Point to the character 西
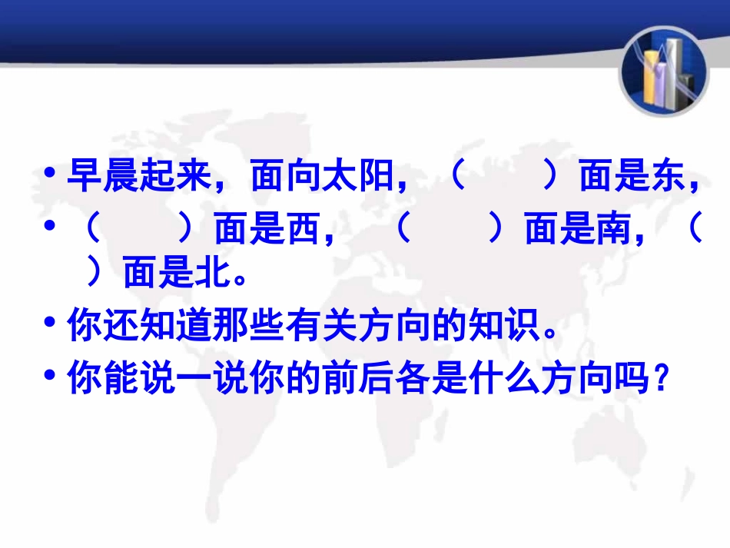[x=304, y=230]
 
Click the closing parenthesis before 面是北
[x=95, y=272]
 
